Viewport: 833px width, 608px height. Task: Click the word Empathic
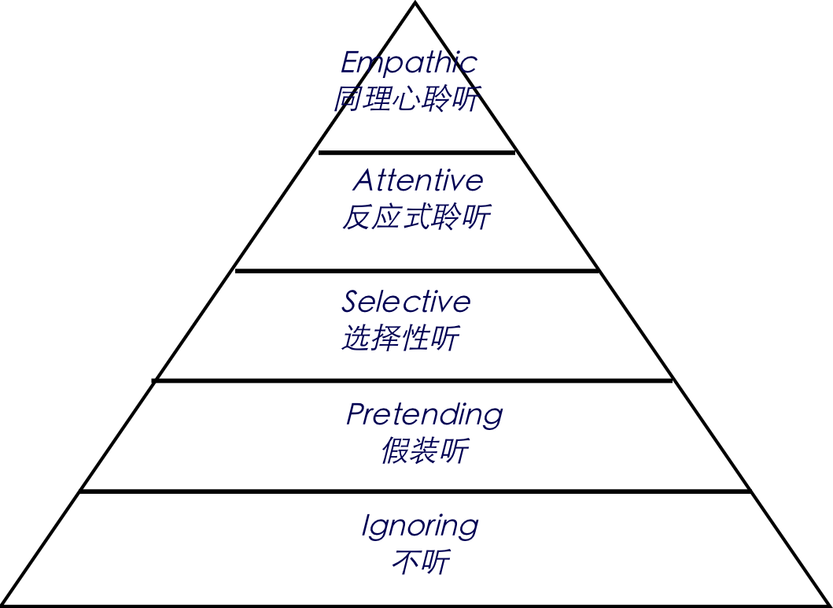[x=408, y=62]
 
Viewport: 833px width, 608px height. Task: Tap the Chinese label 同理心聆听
[x=407, y=99]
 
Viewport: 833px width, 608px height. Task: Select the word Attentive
[x=418, y=180]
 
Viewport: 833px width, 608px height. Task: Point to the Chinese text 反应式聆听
[x=417, y=217]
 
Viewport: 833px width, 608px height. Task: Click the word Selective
[x=406, y=302]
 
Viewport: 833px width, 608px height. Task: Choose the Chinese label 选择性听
[x=401, y=339]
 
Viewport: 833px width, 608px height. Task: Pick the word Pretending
[x=424, y=414]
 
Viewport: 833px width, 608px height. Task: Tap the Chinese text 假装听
[x=425, y=451]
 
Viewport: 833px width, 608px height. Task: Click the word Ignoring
[x=420, y=525]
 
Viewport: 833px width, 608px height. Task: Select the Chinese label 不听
[x=421, y=562]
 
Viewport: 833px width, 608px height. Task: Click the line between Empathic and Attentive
[x=416, y=153]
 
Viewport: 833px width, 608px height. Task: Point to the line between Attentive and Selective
[x=416, y=270]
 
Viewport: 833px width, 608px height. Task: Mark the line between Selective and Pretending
[x=416, y=380]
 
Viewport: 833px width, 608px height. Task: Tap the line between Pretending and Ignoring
[x=416, y=491]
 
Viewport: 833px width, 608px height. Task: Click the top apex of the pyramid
[x=415, y=6]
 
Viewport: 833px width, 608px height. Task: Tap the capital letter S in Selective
[x=351, y=302]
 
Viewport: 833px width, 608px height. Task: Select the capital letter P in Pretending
[x=356, y=414]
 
